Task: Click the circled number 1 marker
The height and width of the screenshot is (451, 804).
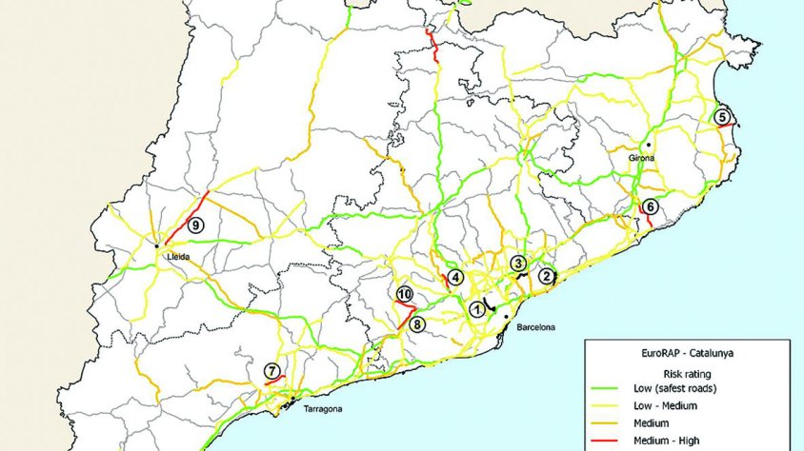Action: click(x=475, y=308)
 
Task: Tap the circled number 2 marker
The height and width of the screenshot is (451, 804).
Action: click(x=546, y=276)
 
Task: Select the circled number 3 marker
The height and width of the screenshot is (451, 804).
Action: click(x=517, y=263)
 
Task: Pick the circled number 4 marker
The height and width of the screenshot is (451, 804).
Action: click(x=456, y=277)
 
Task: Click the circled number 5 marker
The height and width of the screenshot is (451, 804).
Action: click(x=722, y=117)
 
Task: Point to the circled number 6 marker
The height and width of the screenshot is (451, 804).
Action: click(x=650, y=206)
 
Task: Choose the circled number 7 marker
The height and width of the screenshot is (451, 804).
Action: click(x=272, y=370)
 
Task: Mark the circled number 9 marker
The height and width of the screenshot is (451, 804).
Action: click(x=195, y=225)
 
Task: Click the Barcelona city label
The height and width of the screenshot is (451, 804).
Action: click(x=535, y=327)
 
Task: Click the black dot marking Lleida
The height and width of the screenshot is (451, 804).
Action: click(x=157, y=246)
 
